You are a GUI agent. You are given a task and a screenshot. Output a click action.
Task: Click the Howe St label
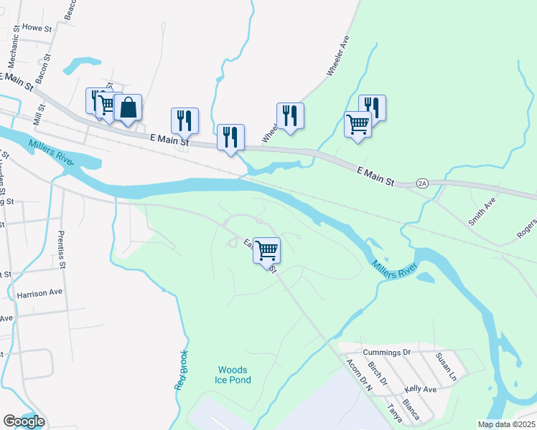point(37,27)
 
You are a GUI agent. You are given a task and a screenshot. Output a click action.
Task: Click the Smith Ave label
point(482,213)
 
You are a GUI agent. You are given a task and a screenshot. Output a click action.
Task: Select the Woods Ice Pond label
point(234,375)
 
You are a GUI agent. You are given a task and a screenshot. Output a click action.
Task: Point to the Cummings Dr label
point(386,353)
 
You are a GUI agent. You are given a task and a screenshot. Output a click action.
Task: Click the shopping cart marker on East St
point(266,252)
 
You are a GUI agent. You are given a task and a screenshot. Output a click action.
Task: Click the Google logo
point(24,421)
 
